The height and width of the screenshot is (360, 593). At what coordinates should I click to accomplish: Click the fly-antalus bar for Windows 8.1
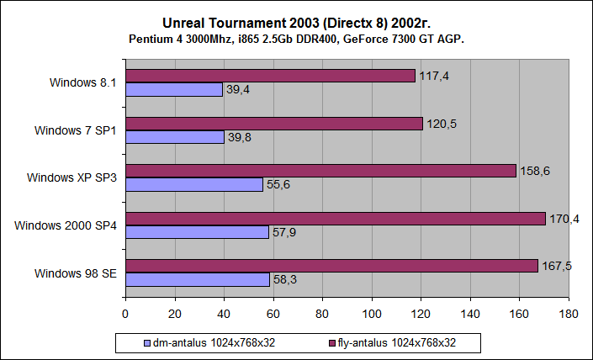[x=270, y=76]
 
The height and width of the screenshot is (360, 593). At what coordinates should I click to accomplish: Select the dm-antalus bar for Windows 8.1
[x=174, y=89]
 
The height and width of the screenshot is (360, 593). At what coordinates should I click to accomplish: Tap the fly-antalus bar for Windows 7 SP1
[x=274, y=124]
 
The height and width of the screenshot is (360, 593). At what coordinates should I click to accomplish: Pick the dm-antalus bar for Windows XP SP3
[x=194, y=184]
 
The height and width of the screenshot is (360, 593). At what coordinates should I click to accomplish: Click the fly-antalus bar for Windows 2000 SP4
[x=336, y=219]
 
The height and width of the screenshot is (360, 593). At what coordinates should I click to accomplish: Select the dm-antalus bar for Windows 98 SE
[x=198, y=279]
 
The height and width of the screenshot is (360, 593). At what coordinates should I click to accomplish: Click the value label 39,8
[x=240, y=137]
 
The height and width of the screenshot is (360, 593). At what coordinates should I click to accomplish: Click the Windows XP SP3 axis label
[x=71, y=177]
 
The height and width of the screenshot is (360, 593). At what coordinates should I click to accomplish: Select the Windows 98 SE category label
[x=76, y=273]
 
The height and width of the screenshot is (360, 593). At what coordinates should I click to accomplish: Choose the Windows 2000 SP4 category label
[x=66, y=225]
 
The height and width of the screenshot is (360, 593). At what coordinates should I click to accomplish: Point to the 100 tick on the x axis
[x=372, y=315]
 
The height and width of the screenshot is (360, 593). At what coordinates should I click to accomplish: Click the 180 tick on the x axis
[x=569, y=315]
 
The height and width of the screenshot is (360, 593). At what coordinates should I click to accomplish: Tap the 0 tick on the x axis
[x=125, y=315]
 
